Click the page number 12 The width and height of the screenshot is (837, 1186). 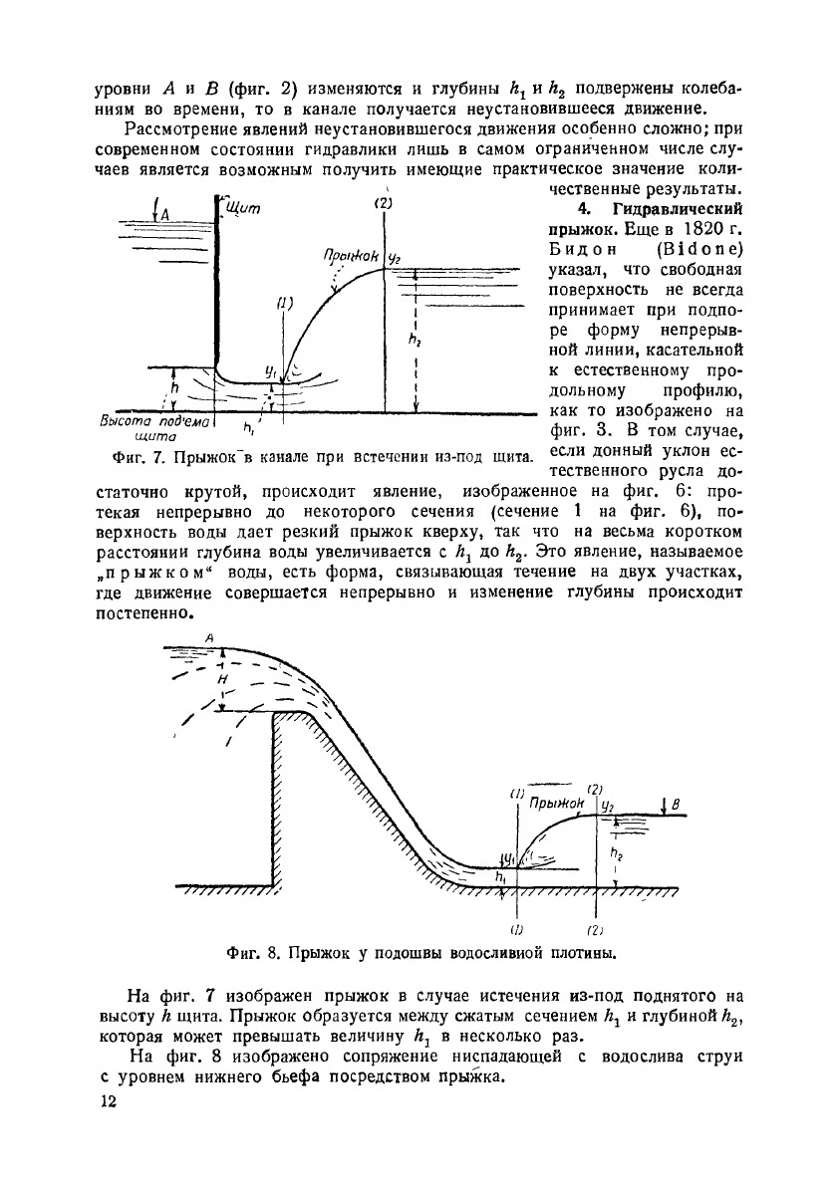click(110, 1101)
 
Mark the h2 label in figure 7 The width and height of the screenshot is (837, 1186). click(415, 340)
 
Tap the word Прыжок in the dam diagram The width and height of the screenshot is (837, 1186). click(556, 802)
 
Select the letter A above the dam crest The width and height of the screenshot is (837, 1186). click(210, 636)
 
